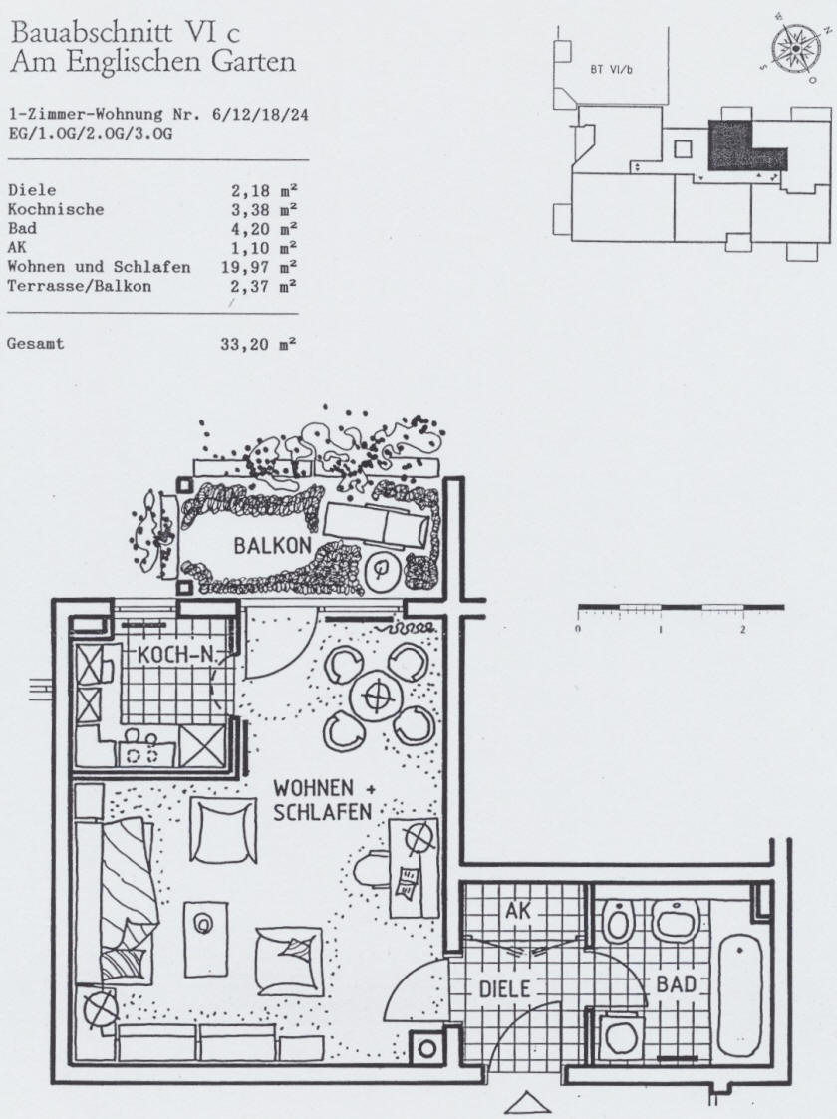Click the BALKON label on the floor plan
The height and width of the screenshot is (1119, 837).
[273, 545]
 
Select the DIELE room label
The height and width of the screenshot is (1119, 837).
[504, 989]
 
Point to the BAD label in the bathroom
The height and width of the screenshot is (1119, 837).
[676, 984]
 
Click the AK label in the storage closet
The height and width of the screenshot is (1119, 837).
[519, 911]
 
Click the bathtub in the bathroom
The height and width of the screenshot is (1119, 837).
[740, 994]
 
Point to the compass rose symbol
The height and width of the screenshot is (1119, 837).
[795, 47]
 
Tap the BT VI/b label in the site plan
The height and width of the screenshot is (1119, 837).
[612, 69]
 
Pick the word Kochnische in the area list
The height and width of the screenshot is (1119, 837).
[56, 210]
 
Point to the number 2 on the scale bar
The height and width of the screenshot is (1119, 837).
[742, 630]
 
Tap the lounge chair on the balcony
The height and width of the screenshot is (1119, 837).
[378, 527]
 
